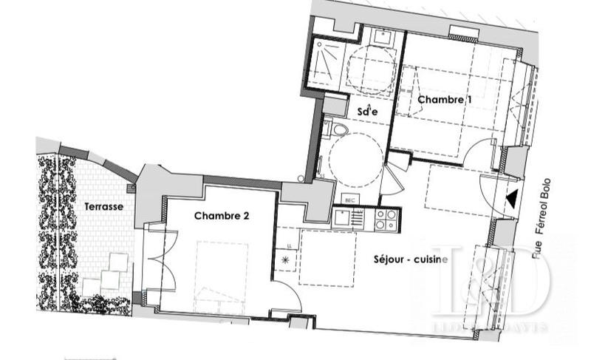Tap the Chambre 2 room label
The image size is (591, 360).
tap(221, 216)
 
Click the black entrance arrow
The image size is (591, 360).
tap(511, 199)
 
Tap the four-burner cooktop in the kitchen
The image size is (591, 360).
tap(385, 219)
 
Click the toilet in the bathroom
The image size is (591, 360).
tap(338, 130)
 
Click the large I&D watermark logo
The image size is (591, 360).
tap(489, 282)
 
